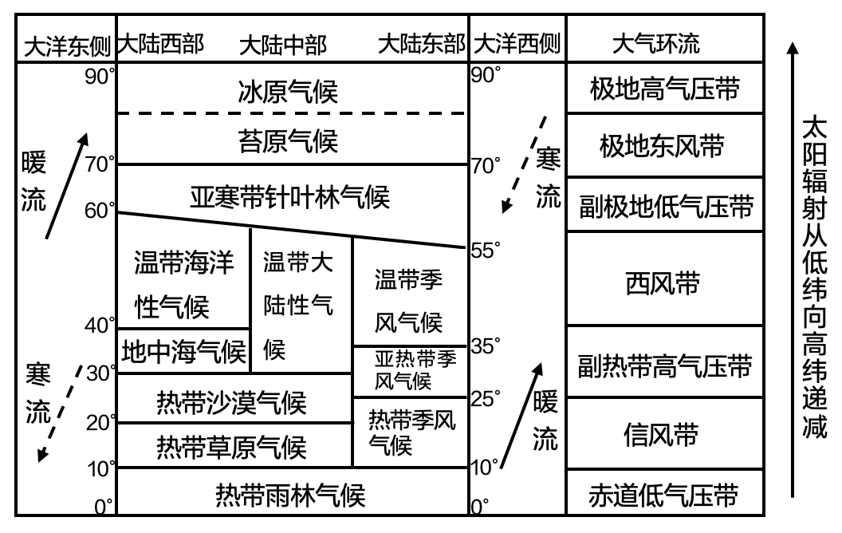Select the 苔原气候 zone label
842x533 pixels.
point(289,140)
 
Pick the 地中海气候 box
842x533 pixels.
point(183,351)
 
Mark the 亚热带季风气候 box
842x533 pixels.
point(409,370)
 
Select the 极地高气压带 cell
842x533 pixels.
point(664,89)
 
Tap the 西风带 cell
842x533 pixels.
point(664,281)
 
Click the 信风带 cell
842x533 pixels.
point(664,436)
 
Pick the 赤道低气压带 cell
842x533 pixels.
point(664,496)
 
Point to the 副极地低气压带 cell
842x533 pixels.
point(664,206)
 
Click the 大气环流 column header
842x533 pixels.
point(655,44)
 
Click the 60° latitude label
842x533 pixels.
point(101,211)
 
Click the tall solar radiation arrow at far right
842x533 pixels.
point(792,271)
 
